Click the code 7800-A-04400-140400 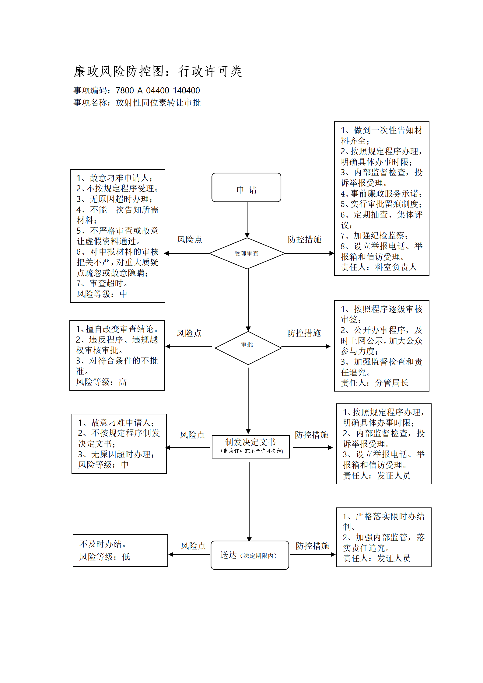click(x=158, y=91)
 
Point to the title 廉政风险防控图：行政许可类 click(x=158, y=71)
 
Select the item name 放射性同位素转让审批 click(x=158, y=103)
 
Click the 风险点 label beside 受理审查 click(x=190, y=240)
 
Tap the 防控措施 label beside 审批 click(x=304, y=333)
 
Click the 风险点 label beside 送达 click(x=193, y=546)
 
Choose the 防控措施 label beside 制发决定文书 click(x=312, y=435)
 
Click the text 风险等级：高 click(x=101, y=382)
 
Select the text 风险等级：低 click(x=105, y=557)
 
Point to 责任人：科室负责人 click(x=379, y=267)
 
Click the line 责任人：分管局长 click(x=375, y=383)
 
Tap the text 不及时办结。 click(x=103, y=544)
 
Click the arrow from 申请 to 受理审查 click(x=247, y=220)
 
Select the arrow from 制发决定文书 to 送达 click(x=249, y=502)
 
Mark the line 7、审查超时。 click(x=103, y=283)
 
